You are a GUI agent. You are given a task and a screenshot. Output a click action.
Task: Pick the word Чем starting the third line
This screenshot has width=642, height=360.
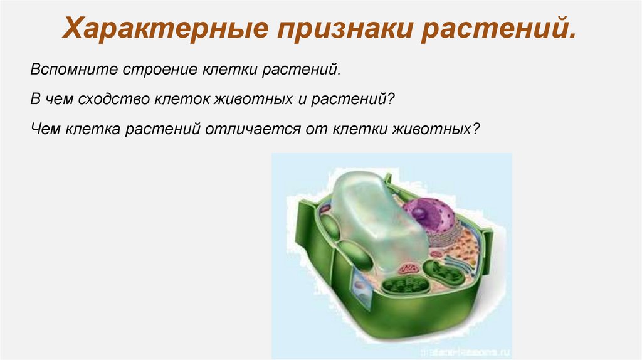coord(43,129)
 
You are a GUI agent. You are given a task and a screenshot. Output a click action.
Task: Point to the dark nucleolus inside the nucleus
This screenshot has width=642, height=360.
coord(418,214)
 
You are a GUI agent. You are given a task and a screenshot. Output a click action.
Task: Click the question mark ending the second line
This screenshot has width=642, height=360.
coord(391,99)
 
